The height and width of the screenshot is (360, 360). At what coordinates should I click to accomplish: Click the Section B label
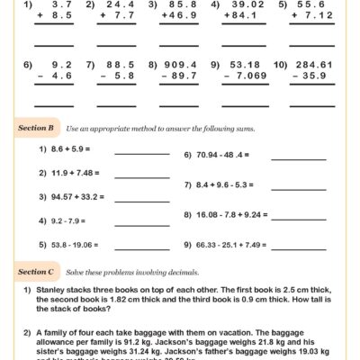(x=39, y=129)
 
